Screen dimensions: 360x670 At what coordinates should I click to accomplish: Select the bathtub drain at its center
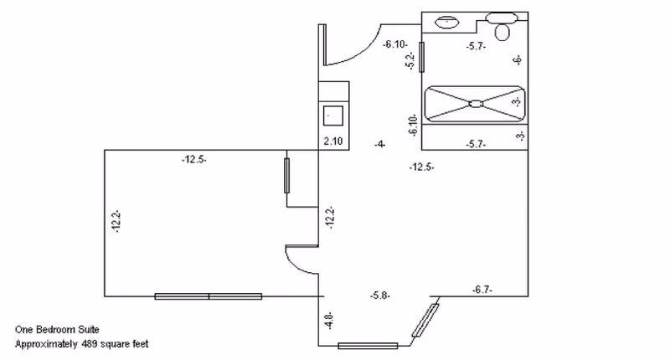click(x=475, y=104)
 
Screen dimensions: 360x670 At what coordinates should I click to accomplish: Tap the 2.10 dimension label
click(x=333, y=141)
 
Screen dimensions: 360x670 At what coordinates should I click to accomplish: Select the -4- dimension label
click(x=380, y=145)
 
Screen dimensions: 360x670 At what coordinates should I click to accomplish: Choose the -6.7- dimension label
click(x=482, y=289)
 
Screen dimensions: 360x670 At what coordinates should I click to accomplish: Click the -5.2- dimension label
click(x=410, y=60)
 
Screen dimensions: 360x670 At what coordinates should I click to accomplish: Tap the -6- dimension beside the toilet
click(x=518, y=60)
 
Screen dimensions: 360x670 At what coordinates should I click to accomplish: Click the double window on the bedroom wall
click(x=209, y=296)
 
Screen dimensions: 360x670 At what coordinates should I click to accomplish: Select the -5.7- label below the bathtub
click(x=476, y=145)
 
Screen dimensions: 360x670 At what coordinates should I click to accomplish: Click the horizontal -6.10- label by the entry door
click(x=396, y=44)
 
